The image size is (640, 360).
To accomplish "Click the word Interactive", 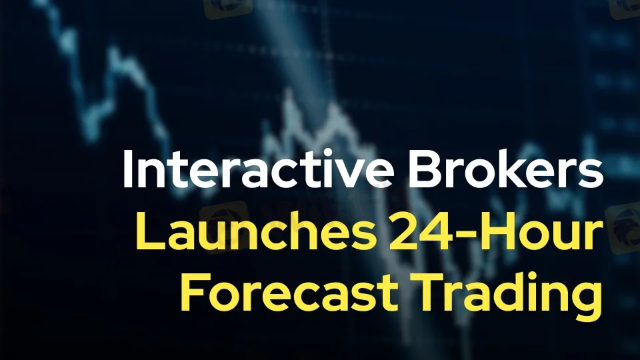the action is (258, 169).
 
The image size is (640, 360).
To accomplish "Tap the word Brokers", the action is (505, 169).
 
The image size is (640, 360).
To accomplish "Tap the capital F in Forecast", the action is (194, 293).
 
